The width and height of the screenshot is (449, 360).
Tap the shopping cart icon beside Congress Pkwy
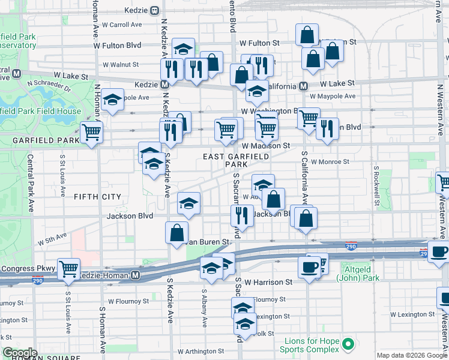(69, 269)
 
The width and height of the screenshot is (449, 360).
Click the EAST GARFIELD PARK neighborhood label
(225, 160)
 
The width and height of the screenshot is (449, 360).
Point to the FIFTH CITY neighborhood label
(97, 197)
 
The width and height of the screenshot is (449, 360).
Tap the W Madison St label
(266, 146)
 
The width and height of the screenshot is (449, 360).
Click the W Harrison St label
(270, 281)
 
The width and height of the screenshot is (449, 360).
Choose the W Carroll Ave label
(122, 25)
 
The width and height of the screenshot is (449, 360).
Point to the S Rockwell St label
(376, 186)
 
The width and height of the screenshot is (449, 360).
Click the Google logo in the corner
(20, 353)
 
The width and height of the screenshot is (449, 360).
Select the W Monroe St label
(330, 162)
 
